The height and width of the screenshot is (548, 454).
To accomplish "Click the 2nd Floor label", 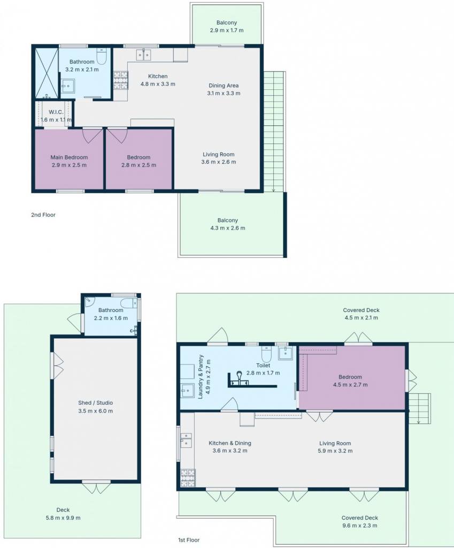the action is click(x=43, y=215).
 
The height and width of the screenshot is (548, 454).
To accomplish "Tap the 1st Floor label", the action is click(x=189, y=540).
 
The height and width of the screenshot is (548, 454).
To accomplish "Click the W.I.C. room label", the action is click(x=56, y=112).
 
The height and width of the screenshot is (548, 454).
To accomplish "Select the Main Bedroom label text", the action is click(x=69, y=157).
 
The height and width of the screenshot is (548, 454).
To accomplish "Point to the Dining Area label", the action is click(x=224, y=85).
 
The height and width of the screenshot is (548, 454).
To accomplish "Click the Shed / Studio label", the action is click(x=95, y=402).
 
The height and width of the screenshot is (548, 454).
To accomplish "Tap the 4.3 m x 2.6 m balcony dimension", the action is click(x=228, y=228).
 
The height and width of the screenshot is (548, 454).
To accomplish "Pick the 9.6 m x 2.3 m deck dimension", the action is click(x=360, y=526).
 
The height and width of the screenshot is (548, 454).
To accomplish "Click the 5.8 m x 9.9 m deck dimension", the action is click(x=63, y=517).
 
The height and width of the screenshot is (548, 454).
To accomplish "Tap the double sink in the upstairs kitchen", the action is click(x=143, y=55).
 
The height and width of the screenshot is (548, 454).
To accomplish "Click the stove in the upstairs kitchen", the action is click(x=120, y=80).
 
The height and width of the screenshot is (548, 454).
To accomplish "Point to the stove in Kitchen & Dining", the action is click(x=188, y=478).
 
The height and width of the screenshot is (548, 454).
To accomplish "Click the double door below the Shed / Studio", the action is click(x=96, y=488).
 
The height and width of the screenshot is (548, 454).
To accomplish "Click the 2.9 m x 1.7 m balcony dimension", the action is click(x=227, y=30).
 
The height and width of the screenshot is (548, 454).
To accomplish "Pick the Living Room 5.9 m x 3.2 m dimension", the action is click(x=335, y=451).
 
